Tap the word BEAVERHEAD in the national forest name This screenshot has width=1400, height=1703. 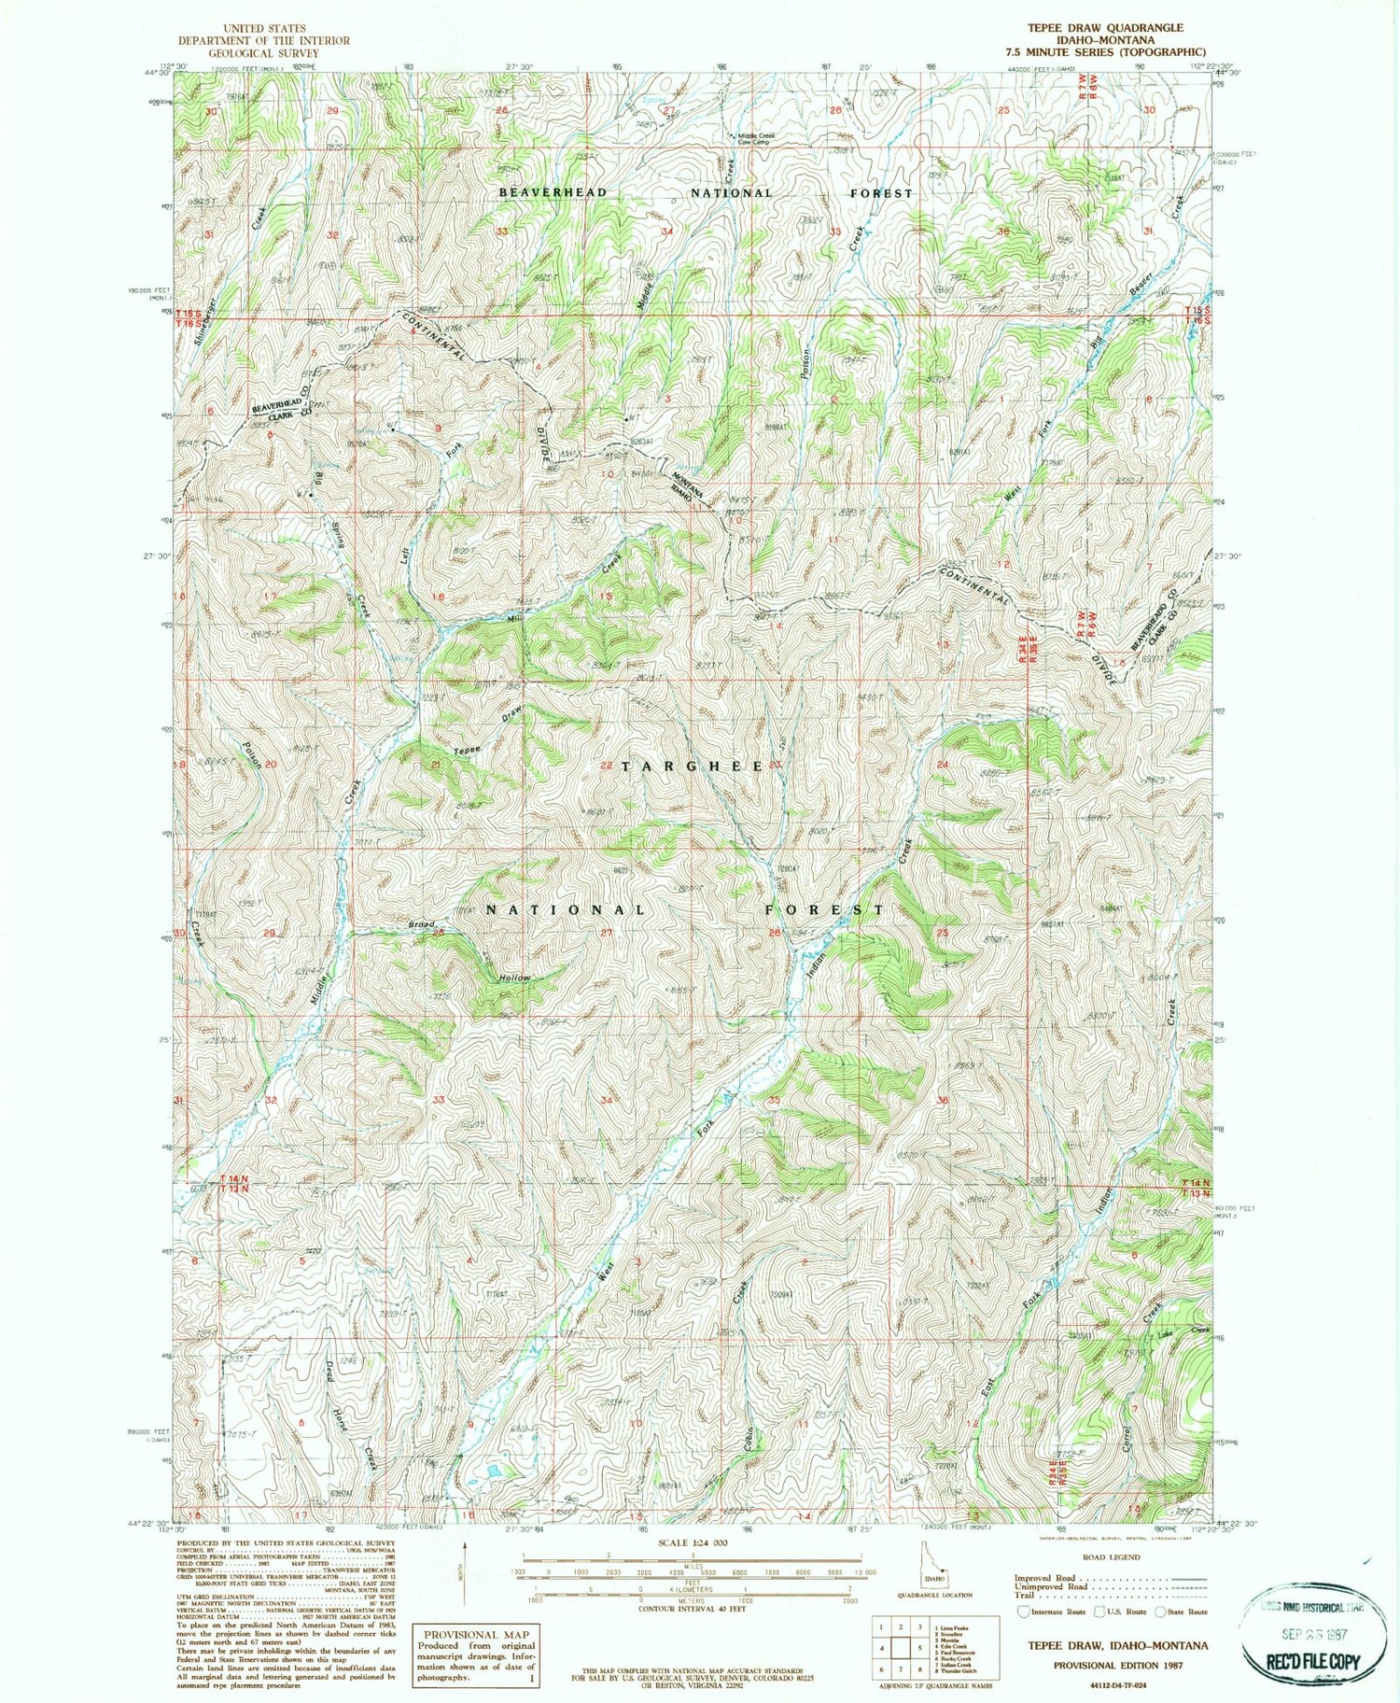[x=553, y=192]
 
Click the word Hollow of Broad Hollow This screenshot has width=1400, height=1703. [x=513, y=978]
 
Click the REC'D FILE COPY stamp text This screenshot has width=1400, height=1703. [x=1311, y=1661]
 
